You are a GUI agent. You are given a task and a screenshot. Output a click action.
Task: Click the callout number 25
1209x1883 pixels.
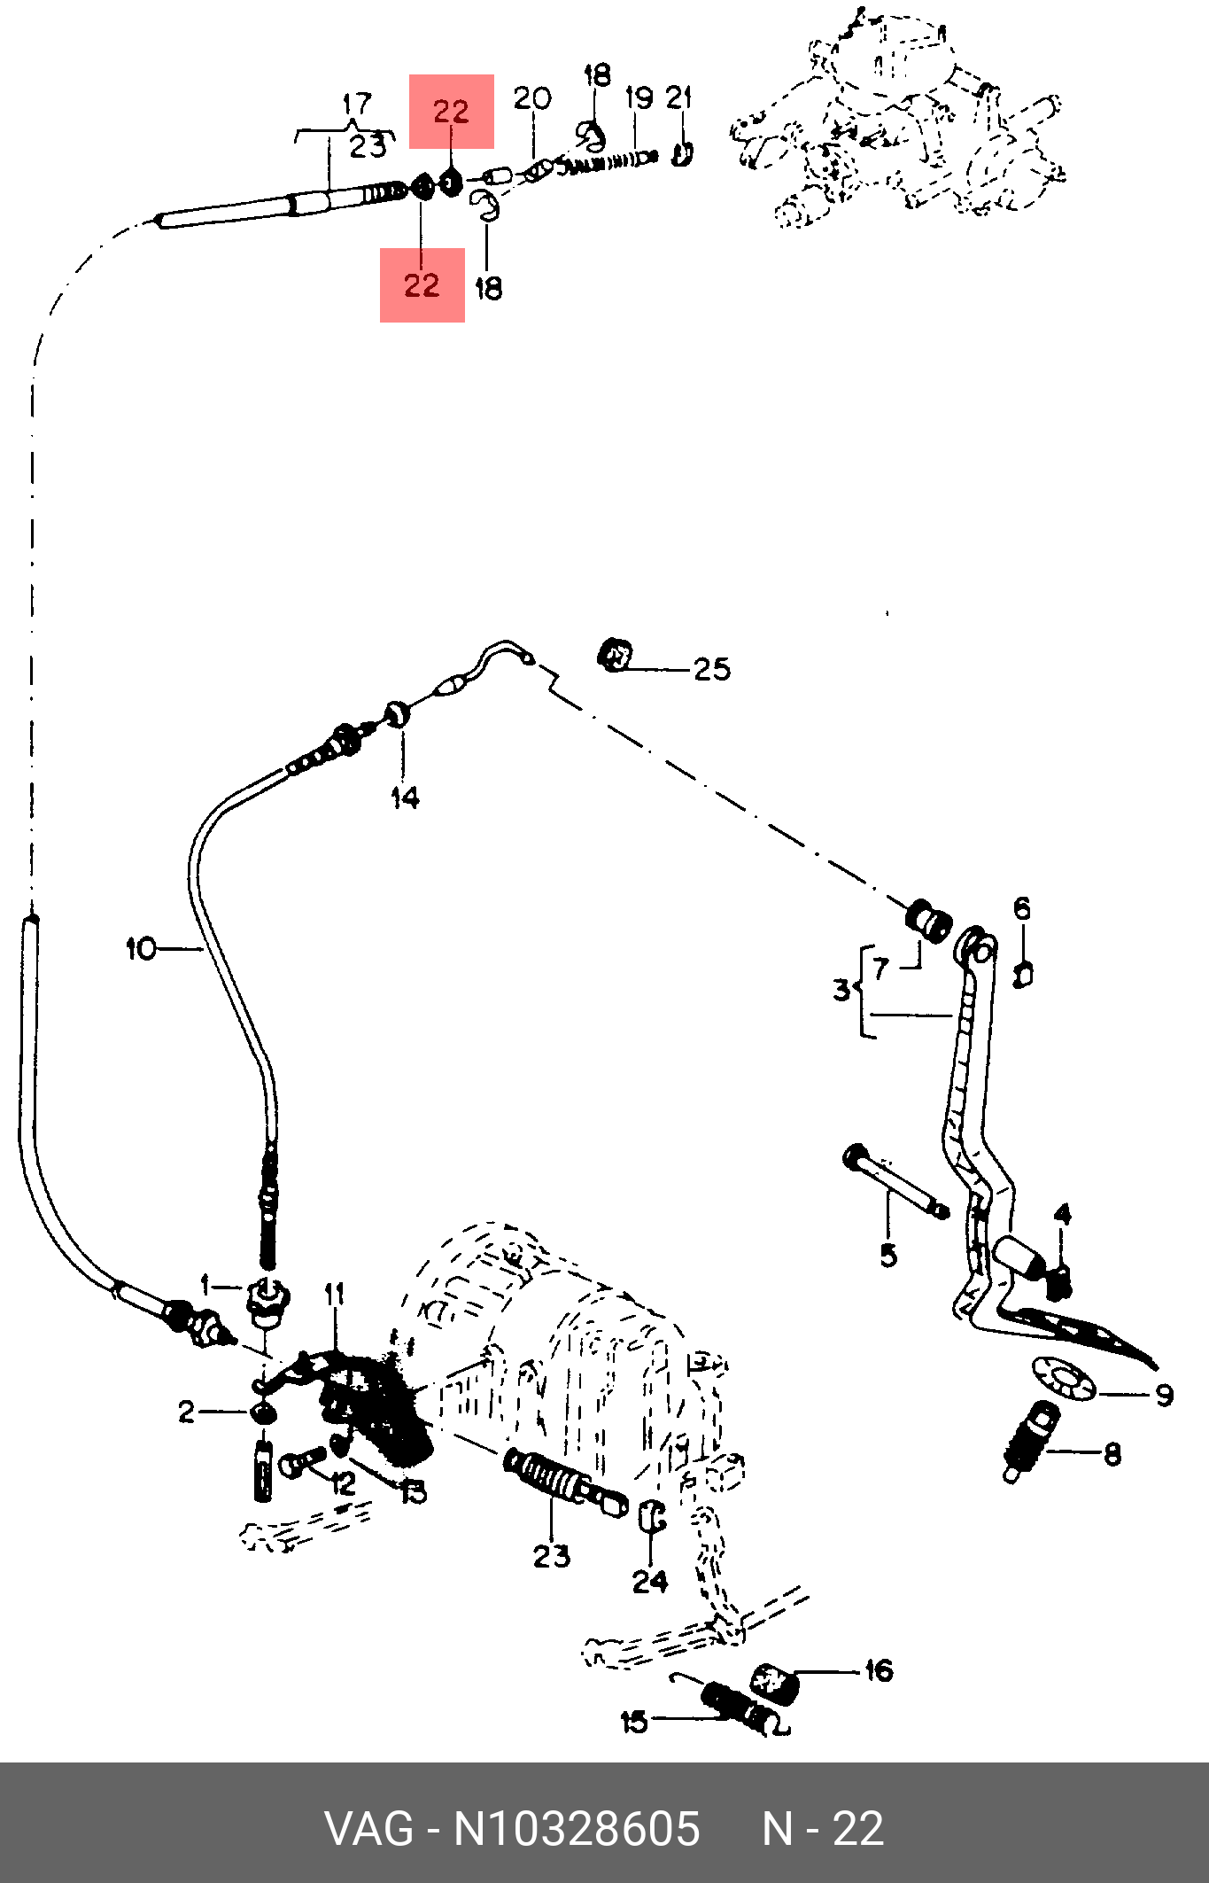pos(712,670)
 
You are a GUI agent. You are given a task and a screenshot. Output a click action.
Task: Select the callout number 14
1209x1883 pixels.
pos(405,798)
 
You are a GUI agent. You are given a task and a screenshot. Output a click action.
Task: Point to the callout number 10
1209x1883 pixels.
pos(141,949)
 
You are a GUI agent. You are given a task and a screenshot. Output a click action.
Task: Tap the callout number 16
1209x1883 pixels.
pos(878,1670)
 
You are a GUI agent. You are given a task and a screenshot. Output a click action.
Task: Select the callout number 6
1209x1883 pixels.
pos(1022,908)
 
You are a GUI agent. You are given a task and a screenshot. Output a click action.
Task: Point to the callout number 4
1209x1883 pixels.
pos(1062,1214)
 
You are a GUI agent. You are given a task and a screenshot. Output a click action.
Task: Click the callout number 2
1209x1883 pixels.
pos(185,1412)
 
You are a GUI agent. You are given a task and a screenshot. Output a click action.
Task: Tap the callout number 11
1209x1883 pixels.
pos(333,1295)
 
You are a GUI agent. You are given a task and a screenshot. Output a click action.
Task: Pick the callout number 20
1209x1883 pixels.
pos(532,99)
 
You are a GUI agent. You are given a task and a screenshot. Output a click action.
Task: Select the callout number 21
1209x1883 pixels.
pos(678,97)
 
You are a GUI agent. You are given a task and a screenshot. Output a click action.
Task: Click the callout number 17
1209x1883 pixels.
pos(356,105)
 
